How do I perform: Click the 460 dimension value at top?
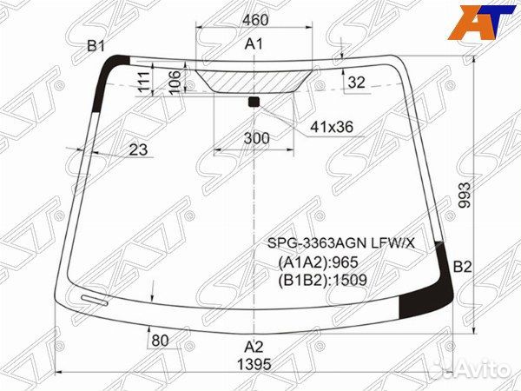coord(255,20)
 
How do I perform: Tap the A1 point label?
coord(254,44)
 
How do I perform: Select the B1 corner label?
coord(96,46)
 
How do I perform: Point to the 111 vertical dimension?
coord(143,82)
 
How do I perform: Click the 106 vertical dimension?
coord(175,81)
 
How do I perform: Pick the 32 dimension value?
coord(356,83)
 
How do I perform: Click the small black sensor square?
coord(254,102)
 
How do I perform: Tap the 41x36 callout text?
coord(332,127)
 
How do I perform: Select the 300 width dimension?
coord(256,138)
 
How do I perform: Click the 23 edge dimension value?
coord(138,149)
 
